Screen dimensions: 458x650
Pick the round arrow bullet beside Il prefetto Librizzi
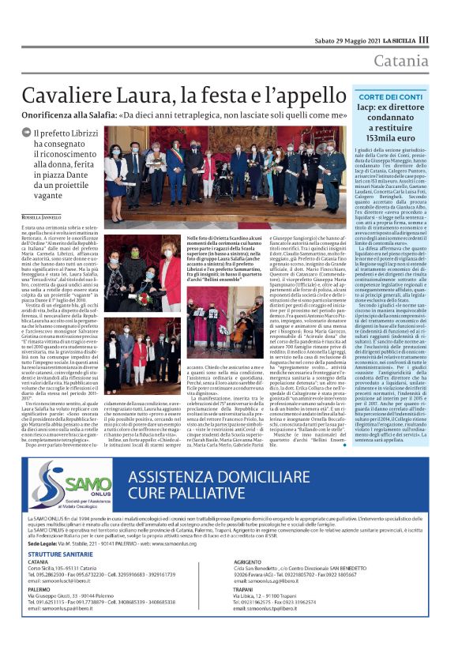coord(29,133)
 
